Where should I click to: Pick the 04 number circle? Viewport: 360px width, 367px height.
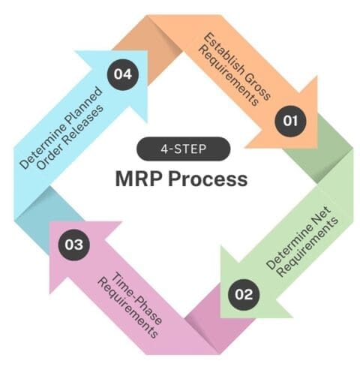point(120,74)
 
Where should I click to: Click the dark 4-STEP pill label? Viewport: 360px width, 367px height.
point(179,148)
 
